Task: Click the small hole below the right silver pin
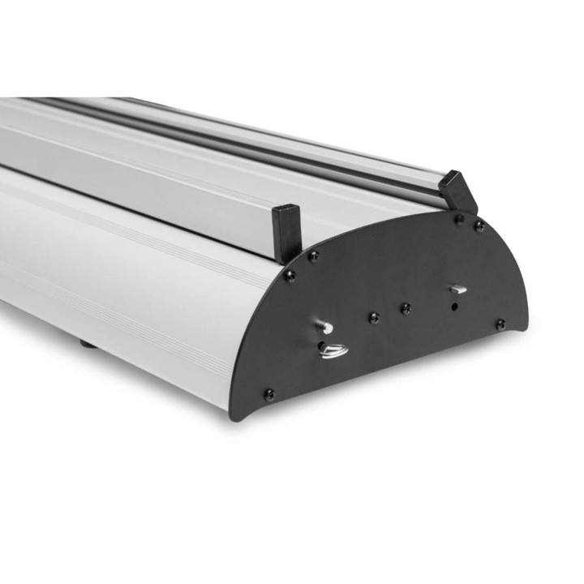click(x=455, y=307)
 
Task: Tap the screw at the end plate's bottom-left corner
click(x=268, y=394)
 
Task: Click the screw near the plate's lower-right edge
click(x=500, y=324)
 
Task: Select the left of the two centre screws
click(x=373, y=317)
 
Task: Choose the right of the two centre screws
click(x=406, y=307)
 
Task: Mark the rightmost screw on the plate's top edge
click(x=479, y=226)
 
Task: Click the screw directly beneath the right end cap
click(x=458, y=218)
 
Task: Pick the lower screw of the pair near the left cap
click(x=290, y=275)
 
